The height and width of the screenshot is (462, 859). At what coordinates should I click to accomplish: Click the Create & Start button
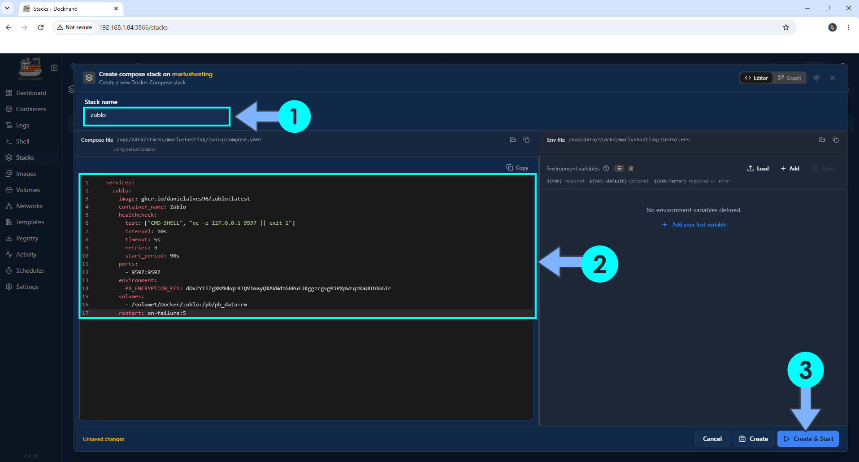coord(808,439)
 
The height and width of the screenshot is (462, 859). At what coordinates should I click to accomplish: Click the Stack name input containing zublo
coord(157,116)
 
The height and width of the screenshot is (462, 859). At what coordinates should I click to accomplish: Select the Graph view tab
coord(790,78)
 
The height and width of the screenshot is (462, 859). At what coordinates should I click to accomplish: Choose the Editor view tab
coord(756,78)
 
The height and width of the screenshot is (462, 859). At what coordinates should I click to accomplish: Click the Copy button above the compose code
coord(517,168)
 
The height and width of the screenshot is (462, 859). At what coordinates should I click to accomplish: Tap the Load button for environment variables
coord(758,169)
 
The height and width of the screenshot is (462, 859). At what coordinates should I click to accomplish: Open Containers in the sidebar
coord(31,109)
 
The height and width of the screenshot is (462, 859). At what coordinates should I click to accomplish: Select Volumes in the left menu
coord(28,190)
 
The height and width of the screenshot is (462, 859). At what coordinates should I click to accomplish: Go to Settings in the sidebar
coord(27,287)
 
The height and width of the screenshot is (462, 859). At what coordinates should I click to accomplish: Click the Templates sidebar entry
coord(30,222)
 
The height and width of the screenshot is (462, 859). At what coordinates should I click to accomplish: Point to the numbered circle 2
coord(599,264)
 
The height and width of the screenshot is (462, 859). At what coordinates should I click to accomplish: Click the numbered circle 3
coord(806,370)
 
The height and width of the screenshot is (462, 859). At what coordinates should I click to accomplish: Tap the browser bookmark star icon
coord(786,27)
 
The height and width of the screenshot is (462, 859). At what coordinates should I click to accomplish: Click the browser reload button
coord(41,27)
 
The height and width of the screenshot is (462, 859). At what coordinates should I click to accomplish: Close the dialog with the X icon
coord(833,78)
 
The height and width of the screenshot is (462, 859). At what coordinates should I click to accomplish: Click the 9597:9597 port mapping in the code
coord(146,272)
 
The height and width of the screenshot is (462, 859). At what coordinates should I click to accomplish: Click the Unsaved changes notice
coord(104,439)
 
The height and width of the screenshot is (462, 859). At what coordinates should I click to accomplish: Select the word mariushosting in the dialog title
coord(192,74)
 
